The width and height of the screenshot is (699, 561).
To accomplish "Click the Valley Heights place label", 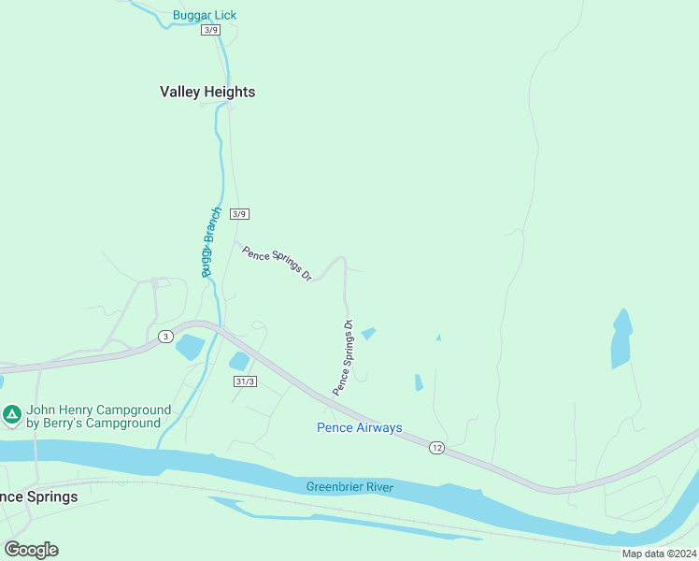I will (x=207, y=92).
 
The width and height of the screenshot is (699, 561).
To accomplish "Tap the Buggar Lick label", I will (x=205, y=15).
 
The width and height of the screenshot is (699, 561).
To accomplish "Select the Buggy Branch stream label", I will (x=208, y=242).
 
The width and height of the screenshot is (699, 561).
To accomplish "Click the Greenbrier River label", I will (x=349, y=487).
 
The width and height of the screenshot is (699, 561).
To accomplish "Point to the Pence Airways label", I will (x=359, y=428).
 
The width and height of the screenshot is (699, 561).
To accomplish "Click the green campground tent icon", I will (x=12, y=413).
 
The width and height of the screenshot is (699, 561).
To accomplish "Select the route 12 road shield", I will (x=437, y=448).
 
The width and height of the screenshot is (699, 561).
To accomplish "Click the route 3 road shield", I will (x=165, y=336).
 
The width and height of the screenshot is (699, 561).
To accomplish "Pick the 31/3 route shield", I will (x=244, y=381).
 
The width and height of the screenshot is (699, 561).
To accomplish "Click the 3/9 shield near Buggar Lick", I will (x=210, y=30).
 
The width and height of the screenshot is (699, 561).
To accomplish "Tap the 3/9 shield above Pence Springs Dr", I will (x=239, y=214).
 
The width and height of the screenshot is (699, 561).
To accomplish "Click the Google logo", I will (x=31, y=549).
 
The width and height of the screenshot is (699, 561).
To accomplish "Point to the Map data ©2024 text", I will (x=659, y=554).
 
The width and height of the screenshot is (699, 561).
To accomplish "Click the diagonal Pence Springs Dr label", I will (x=276, y=264).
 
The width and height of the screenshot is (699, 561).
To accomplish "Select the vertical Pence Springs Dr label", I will (x=343, y=357).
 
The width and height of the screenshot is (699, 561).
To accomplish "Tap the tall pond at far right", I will (x=621, y=338).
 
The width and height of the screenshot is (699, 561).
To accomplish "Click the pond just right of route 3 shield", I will (x=190, y=347).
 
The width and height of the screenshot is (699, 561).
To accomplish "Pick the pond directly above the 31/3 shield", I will (x=240, y=361).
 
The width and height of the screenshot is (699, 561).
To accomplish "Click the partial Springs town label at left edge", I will (x=38, y=496).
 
